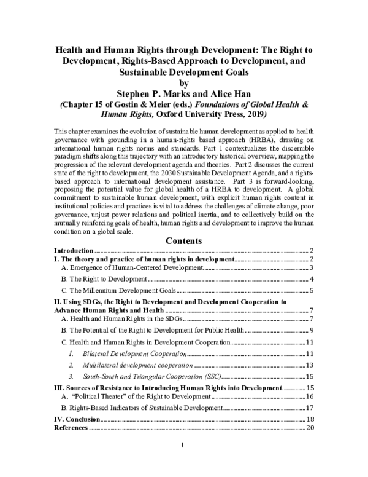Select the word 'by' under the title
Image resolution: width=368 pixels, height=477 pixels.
pyautogui.click(x=184, y=84)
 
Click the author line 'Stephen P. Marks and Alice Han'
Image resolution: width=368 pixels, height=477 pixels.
pyautogui.click(x=184, y=95)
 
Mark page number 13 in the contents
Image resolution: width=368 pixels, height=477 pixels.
pyautogui.click(x=310, y=365)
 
